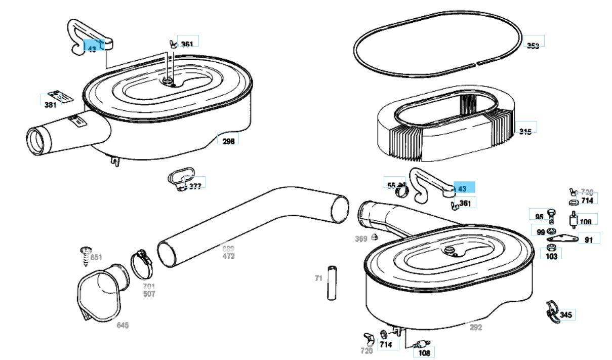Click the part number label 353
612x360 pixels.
(533, 46)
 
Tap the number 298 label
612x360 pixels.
(228, 141)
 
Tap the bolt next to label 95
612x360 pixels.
(552, 218)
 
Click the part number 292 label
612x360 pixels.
(475, 327)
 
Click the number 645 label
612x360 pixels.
(123, 325)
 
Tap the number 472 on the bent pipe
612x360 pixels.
(228, 256)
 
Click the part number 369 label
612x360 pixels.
(360, 239)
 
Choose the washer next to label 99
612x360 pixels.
(551, 231)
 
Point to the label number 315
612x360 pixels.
(525, 132)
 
